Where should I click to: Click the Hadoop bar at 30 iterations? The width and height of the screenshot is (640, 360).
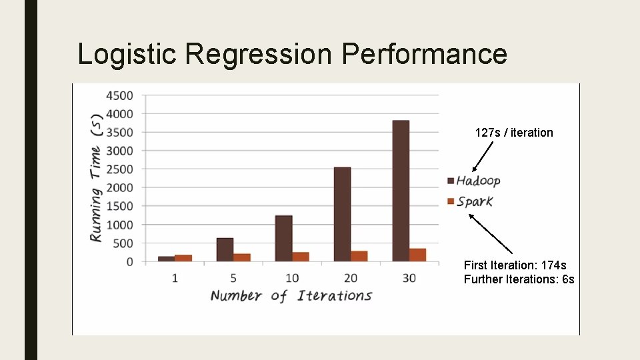[401, 191]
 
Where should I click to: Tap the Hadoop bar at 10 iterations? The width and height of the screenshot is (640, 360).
[283, 239]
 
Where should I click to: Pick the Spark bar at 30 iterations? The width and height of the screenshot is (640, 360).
[417, 255]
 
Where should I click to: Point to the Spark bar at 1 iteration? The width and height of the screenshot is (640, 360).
[183, 258]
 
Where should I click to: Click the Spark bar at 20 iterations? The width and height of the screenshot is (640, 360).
[359, 256]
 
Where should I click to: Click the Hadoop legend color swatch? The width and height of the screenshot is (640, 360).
[450, 181]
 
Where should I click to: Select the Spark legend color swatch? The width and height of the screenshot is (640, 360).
[450, 201]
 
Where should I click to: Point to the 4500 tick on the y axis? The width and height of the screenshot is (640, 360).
[119, 95]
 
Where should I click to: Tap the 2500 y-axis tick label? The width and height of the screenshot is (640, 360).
[119, 169]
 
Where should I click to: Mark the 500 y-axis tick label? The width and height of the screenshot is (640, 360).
[123, 243]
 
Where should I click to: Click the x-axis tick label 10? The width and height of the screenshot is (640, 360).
[292, 277]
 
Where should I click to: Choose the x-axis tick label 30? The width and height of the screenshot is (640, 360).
[409, 277]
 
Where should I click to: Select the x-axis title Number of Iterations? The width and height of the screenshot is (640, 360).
[291, 296]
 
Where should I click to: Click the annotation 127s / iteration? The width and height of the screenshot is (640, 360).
[514, 133]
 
